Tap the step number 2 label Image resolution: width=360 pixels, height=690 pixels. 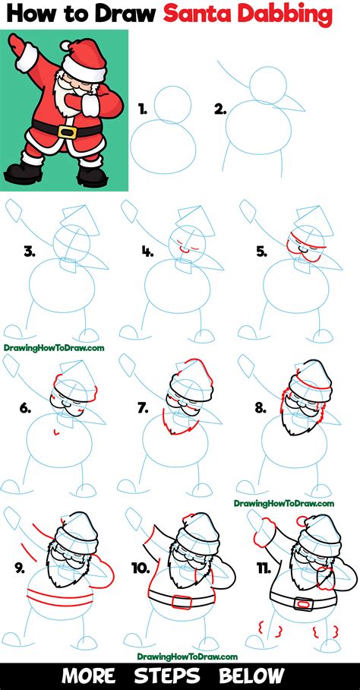[x=220, y=109]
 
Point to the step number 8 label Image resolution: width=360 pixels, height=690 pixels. [x=260, y=408]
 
